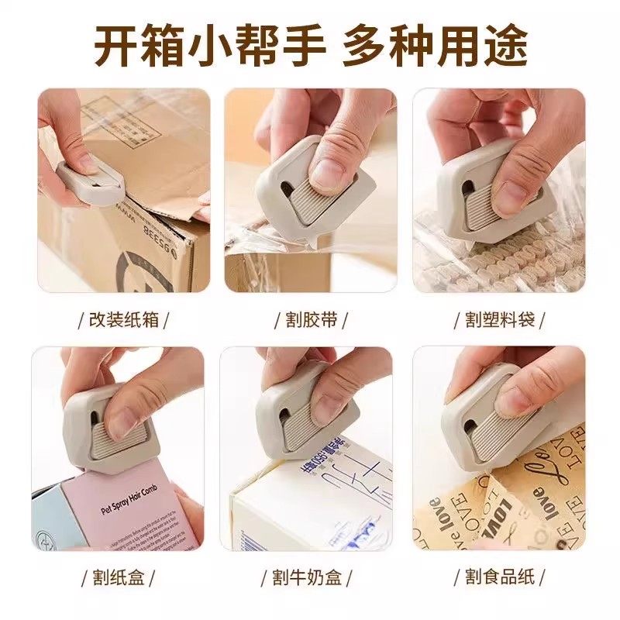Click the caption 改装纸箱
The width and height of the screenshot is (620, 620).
(x=124, y=319)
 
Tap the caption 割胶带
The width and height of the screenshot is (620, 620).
(x=311, y=319)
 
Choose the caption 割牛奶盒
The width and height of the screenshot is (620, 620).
(x=311, y=577)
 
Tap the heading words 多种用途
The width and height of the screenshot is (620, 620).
(x=435, y=45)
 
